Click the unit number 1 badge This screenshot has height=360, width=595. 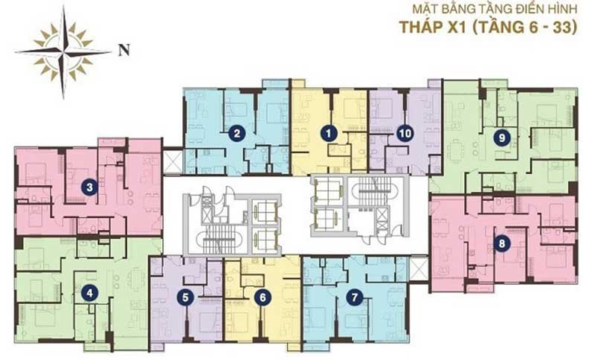[329, 134]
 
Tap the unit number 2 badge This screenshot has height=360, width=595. [237, 134]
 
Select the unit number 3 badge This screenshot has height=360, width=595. [89, 187]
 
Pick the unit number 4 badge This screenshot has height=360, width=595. [89, 293]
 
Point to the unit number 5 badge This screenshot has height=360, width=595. [185, 298]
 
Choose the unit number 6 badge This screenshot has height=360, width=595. [263, 298]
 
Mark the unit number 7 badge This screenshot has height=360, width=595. [355, 298]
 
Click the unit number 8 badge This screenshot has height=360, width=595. [502, 243]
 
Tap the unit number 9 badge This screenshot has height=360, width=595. [502, 138]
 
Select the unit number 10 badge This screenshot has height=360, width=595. [405, 134]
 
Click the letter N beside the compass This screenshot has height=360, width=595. [123, 50]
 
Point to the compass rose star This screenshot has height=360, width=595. [64, 52]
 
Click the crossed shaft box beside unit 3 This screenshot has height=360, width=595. [173, 161]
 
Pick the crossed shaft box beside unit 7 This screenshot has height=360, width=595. [418, 269]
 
